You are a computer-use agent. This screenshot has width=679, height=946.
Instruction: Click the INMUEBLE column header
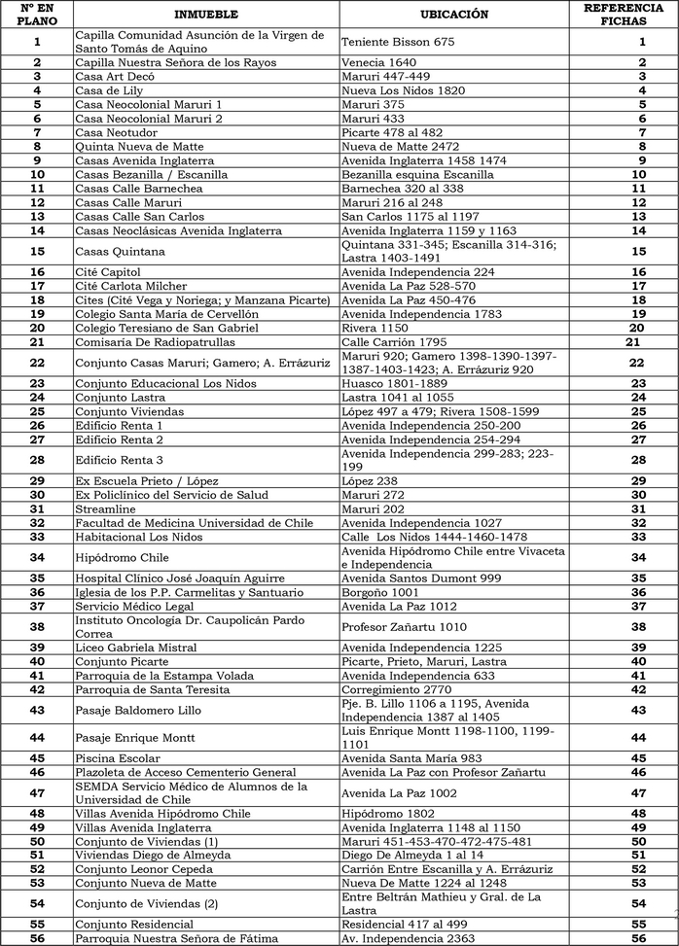[x=206, y=15]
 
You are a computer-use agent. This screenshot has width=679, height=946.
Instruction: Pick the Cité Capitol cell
[x=108, y=272]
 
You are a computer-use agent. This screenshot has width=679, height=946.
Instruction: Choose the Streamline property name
[x=105, y=508]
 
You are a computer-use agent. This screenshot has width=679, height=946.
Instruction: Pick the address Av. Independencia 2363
[x=409, y=938]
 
